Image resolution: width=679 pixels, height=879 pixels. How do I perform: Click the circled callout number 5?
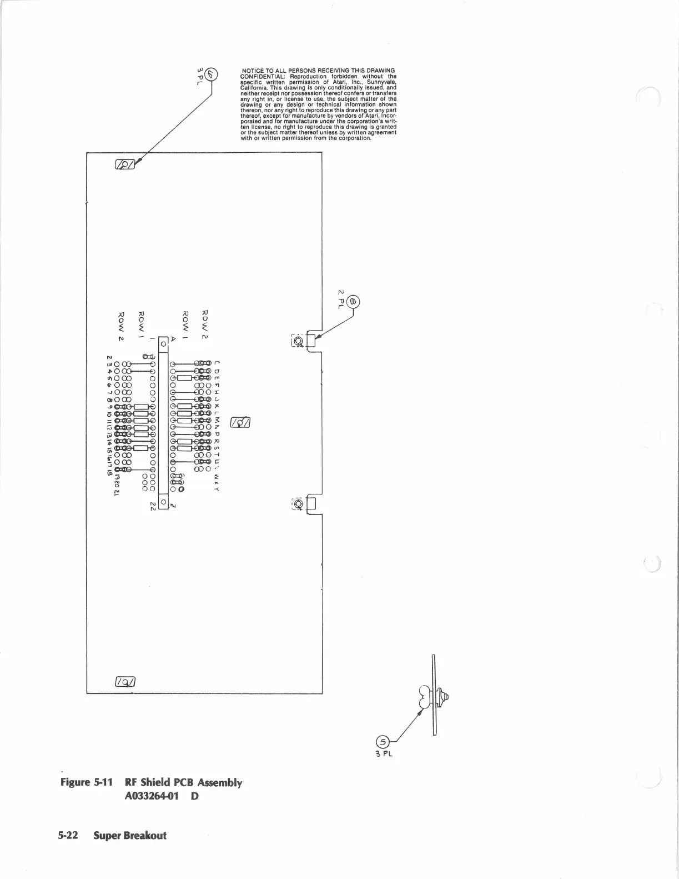coord(382,741)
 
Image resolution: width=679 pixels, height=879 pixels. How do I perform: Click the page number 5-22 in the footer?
coord(69,835)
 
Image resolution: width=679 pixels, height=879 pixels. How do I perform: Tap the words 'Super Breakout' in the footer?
coord(130,835)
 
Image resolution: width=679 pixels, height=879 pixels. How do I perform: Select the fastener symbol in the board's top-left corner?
coord(125,164)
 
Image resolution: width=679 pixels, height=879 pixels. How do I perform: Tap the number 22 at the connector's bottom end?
coord(153,506)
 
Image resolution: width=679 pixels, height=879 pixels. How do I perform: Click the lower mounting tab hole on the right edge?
coord(298,504)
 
